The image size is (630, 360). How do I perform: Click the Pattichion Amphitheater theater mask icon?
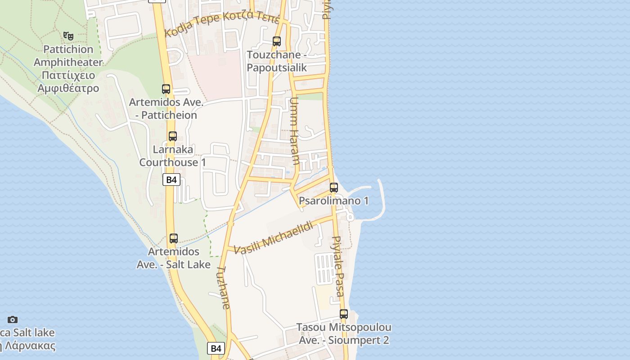tap(68, 35)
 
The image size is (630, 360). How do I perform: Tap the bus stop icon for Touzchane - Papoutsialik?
tap(277, 41)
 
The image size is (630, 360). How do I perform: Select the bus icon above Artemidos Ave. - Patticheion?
tap(166, 89)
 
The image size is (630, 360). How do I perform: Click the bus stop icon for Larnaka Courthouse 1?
tap(173, 136)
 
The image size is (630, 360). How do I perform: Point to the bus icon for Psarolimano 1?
tap(334, 188)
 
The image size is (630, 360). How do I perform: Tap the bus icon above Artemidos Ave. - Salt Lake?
tap(174, 238)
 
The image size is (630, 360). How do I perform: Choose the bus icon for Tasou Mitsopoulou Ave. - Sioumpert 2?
tap(344, 314)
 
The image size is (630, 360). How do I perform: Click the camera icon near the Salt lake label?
tap(13, 320)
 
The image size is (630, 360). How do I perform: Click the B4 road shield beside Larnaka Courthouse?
tap(171, 180)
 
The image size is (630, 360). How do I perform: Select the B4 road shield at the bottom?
tap(216, 348)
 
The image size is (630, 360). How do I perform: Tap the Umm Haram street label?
tap(294, 131)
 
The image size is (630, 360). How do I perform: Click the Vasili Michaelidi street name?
tap(274, 238)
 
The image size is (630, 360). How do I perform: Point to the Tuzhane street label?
tap(224, 288)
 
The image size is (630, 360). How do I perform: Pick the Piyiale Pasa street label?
tap(338, 266)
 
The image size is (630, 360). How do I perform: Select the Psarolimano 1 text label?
tap(334, 201)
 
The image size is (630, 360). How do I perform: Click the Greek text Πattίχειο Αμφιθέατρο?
tap(68, 81)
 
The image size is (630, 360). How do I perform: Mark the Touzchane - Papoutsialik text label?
tap(277, 61)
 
